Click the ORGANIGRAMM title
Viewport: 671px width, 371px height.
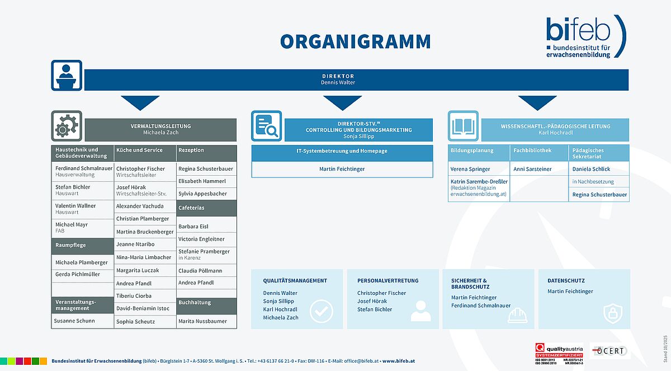[x=356, y=42]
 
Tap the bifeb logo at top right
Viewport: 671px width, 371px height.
[x=585, y=36]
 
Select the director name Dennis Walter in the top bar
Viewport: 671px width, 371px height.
[x=338, y=83]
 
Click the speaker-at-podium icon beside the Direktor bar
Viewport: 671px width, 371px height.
[x=67, y=76]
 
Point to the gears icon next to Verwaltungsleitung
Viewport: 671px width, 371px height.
[x=67, y=126]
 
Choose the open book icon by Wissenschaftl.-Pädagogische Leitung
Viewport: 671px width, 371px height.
[x=463, y=126]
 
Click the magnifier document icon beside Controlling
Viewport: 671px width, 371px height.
[x=266, y=126]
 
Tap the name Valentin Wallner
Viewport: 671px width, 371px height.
[x=75, y=206]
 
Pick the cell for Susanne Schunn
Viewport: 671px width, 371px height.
[x=74, y=321]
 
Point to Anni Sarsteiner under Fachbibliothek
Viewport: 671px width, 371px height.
[x=532, y=169]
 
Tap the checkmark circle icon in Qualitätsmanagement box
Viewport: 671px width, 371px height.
[x=322, y=312]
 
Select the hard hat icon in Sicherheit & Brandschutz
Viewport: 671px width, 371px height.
[x=517, y=316]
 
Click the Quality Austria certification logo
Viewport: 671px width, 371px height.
[x=559, y=354]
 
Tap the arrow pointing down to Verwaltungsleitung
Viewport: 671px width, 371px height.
[x=140, y=102]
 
